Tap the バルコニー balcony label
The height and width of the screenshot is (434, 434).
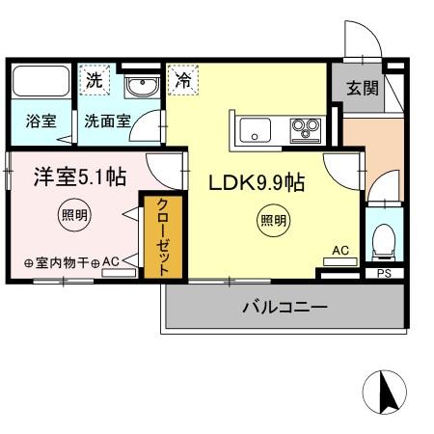pyautogui.click(x=284, y=309)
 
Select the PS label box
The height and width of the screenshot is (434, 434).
pyautogui.click(x=384, y=273)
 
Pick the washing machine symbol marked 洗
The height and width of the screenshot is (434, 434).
pyautogui.click(x=93, y=82)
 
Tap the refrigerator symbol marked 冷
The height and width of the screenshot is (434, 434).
pyautogui.click(x=183, y=82)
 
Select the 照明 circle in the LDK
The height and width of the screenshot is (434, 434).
pyautogui.click(x=272, y=221)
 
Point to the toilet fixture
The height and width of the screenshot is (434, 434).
pyautogui.click(x=383, y=239)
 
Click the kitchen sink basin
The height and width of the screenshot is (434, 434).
pyautogui.click(x=254, y=129)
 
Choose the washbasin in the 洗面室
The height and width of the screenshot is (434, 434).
pyautogui.click(x=143, y=88)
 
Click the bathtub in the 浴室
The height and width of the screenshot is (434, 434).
pyautogui.click(x=40, y=82)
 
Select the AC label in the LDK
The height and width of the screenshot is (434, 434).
pyautogui.click(x=339, y=250)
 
